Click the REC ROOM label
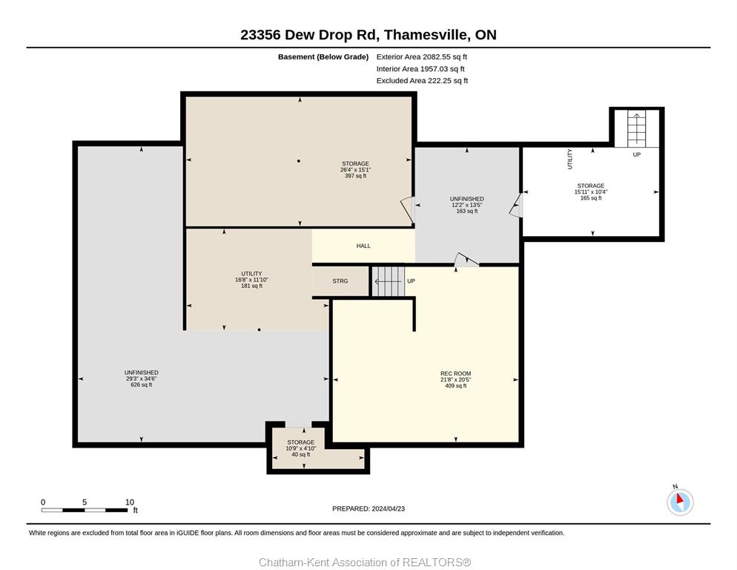[x=455, y=373]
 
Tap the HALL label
[x=363, y=246]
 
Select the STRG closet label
[x=340, y=281]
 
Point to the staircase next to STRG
[x=389, y=281]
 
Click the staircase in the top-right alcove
[x=636, y=128]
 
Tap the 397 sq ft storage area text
[x=355, y=176]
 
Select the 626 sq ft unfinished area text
[x=142, y=384]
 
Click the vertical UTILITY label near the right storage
[x=569, y=159]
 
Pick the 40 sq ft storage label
[x=301, y=454]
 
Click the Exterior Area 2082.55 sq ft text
[x=422, y=57]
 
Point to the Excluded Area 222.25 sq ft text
[x=422, y=80]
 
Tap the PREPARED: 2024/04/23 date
[x=368, y=508]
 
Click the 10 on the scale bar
[x=130, y=502]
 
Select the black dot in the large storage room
[x=299, y=161]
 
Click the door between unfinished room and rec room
[x=466, y=260]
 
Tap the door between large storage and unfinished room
[x=408, y=209]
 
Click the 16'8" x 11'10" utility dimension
[x=251, y=280]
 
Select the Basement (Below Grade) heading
[x=323, y=57]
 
